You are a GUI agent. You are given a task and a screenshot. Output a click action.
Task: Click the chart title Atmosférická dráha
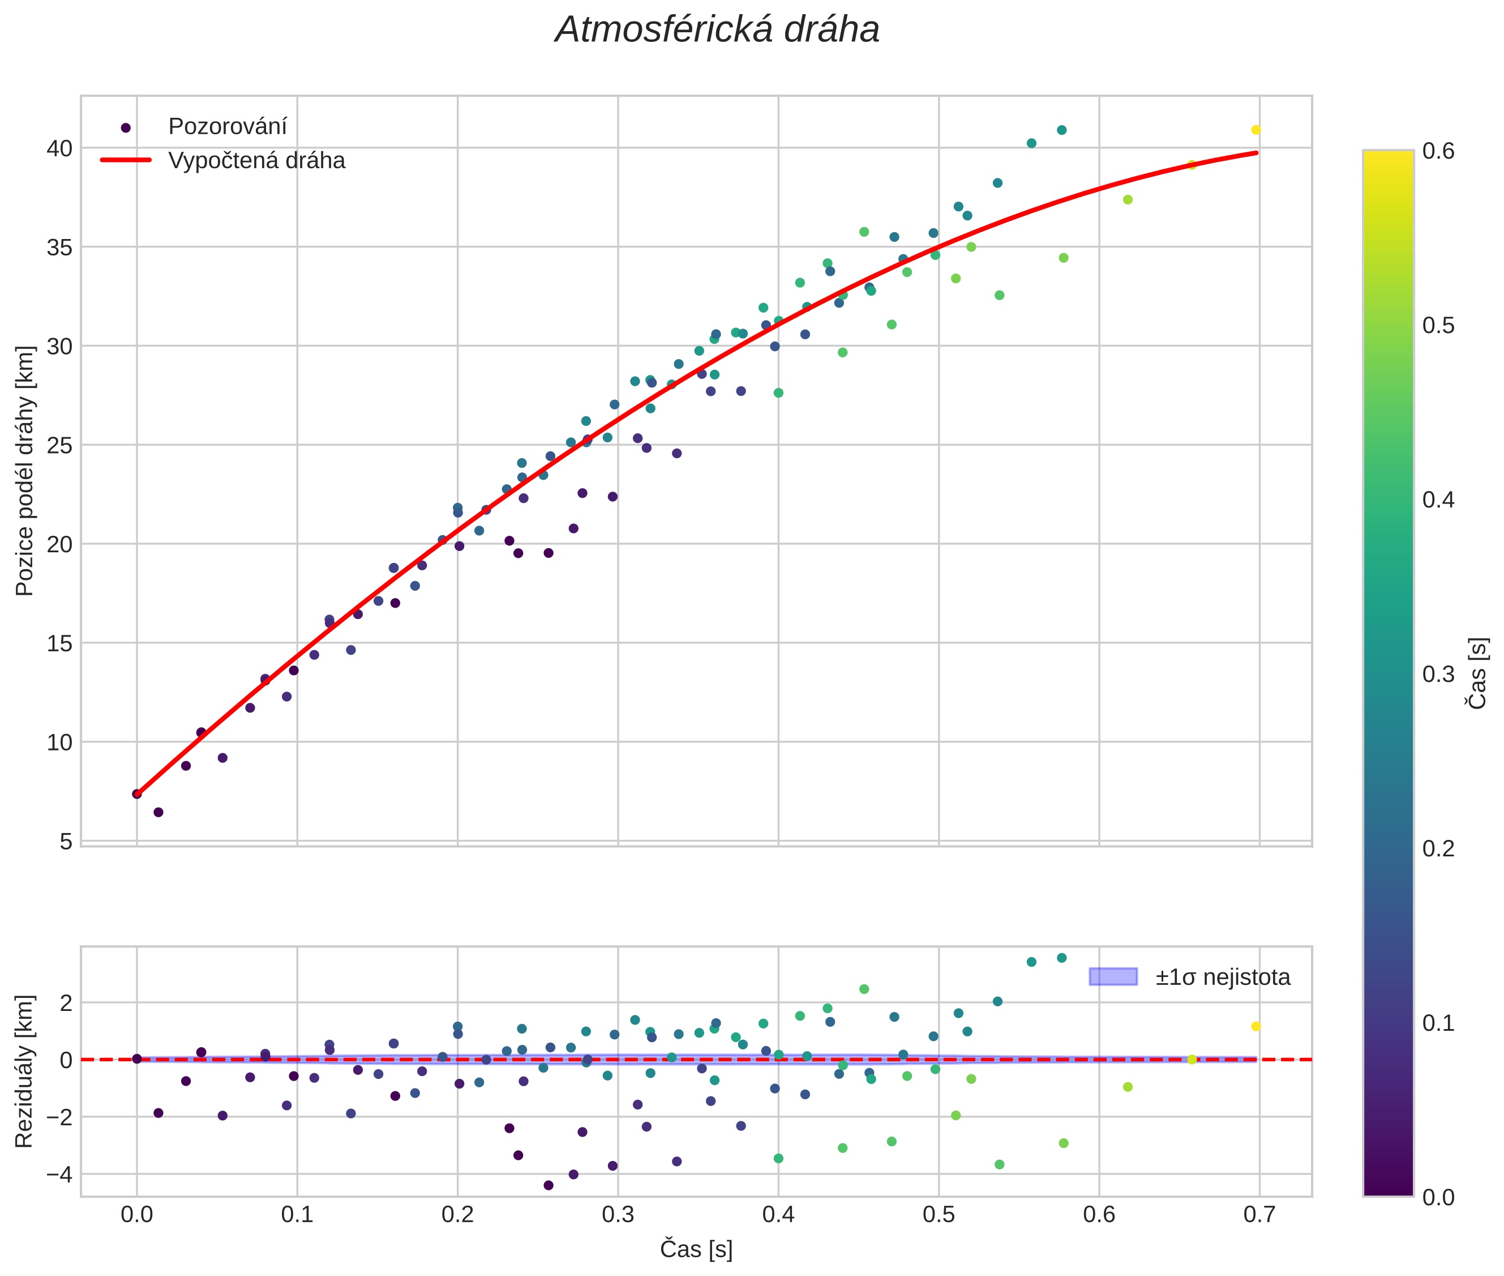pos(717,31)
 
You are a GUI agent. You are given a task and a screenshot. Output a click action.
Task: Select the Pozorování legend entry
pos(227,127)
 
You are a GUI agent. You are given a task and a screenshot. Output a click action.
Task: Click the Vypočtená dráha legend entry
pos(256,161)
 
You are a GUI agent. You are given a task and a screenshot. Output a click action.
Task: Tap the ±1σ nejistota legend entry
pos(1222,978)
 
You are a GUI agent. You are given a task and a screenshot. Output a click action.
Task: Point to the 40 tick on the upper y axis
pos(59,148)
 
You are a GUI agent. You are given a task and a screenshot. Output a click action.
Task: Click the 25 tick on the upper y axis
pos(59,446)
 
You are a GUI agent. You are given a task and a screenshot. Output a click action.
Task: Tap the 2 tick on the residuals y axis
pos(66,1002)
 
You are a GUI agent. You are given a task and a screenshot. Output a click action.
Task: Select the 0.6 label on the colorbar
pos(1438,151)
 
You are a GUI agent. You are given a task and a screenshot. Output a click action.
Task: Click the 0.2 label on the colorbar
pos(1438,848)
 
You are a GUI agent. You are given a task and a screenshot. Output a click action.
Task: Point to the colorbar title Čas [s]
pos(1478,673)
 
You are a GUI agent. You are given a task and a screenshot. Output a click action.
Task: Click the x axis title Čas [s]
pos(696,1249)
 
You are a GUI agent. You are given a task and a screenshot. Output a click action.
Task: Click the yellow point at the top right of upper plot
pos(1256,130)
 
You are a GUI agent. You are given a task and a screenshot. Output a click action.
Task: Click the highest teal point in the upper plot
pos(1061,130)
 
